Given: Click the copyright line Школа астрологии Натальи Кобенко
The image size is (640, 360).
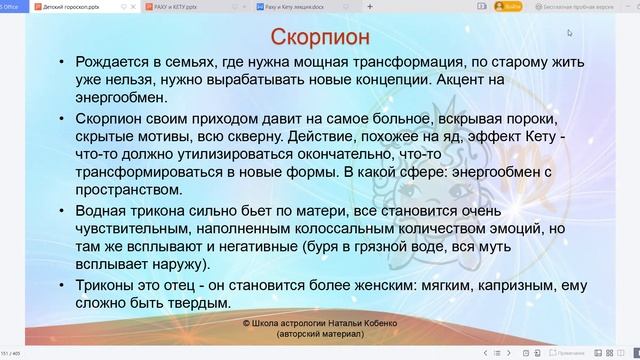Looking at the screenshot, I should tap(321, 325).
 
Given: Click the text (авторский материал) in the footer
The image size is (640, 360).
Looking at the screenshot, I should tap(320, 336).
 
